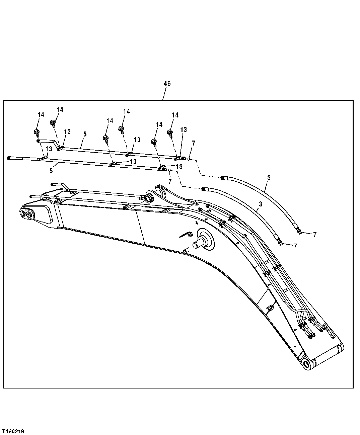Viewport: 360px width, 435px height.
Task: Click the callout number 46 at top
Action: (167, 84)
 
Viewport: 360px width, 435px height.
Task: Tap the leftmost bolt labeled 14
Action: (36, 132)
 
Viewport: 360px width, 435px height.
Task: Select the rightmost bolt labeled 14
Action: (170, 133)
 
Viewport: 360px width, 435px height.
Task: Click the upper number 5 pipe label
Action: (85, 134)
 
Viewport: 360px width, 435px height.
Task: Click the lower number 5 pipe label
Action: (51, 171)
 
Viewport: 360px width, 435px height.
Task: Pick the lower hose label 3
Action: (260, 204)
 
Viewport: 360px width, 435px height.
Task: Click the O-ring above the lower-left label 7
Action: (170, 170)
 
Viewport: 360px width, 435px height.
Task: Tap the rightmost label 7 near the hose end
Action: (315, 235)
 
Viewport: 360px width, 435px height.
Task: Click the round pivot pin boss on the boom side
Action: (205, 239)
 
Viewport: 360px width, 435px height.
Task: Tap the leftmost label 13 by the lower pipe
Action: (49, 149)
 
